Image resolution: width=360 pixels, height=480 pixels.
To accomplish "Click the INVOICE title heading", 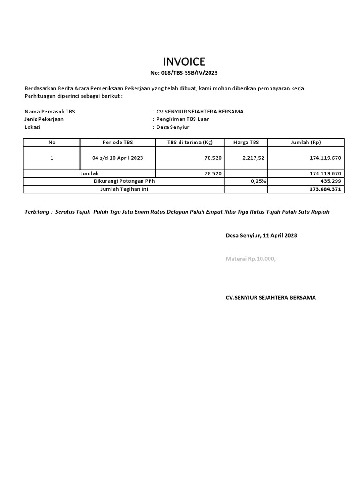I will (x=184, y=62).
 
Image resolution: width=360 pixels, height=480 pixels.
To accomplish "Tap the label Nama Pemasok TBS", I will (x=49, y=112).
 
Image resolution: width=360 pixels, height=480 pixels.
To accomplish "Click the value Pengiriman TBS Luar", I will (x=182, y=119).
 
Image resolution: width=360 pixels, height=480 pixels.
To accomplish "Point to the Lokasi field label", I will (x=32, y=127).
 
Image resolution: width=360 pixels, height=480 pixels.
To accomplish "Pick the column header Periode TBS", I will (x=118, y=142).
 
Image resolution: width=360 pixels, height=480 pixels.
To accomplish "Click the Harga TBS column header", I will (x=246, y=142).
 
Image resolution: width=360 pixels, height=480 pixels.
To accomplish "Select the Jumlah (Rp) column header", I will (x=306, y=142).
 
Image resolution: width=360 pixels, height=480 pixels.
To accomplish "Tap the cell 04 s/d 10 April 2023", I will (x=118, y=158).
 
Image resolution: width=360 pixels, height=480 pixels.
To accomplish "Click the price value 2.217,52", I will (x=254, y=158).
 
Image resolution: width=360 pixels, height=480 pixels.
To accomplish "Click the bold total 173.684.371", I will (x=326, y=189).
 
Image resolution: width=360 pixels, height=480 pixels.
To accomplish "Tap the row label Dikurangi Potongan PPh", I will (x=124, y=181).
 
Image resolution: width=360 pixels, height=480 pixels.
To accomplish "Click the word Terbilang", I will (x=37, y=212).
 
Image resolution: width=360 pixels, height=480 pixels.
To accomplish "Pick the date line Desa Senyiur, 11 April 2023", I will (x=261, y=235).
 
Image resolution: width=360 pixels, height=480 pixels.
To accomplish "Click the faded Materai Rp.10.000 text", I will (x=251, y=259).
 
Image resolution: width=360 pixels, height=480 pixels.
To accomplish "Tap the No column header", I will (x=52, y=142).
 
